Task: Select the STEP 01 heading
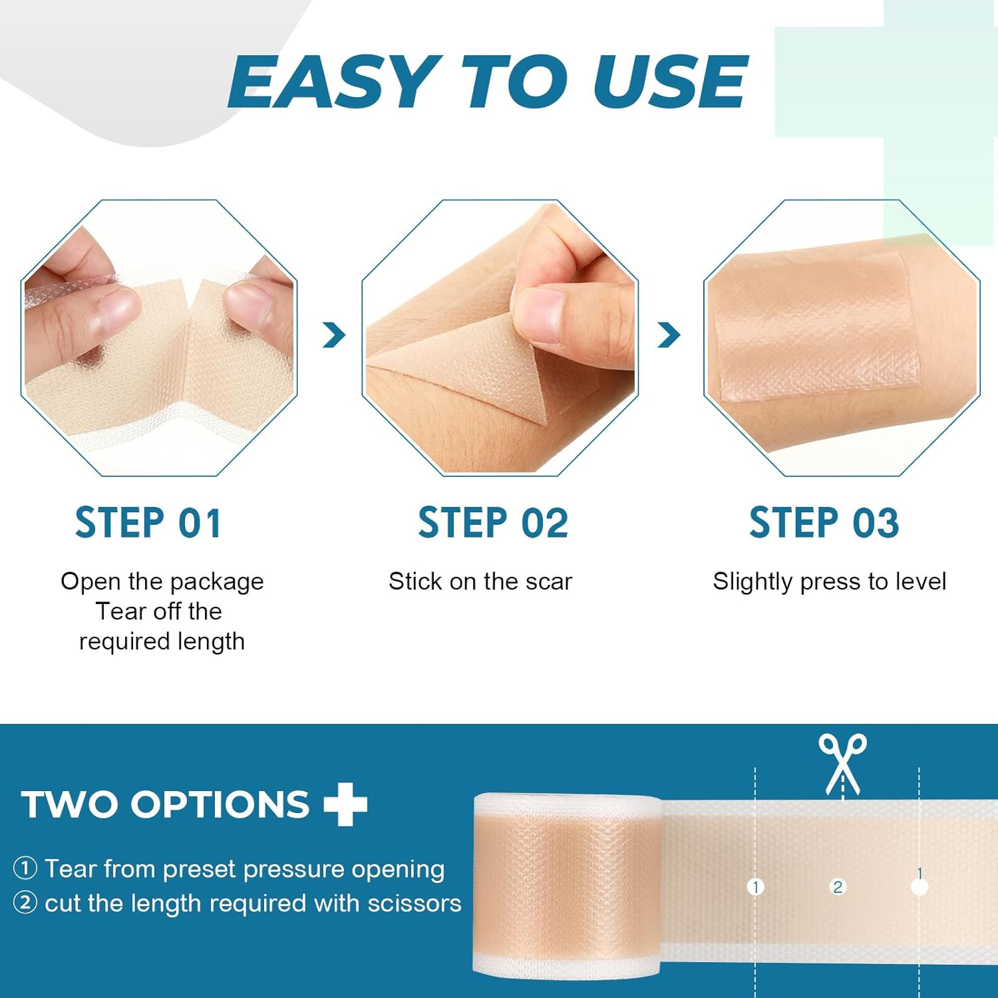[x=148, y=523]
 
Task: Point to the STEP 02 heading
[x=493, y=523]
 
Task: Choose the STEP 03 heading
[x=824, y=523]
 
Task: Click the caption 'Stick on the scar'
[x=480, y=582]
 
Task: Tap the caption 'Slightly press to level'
[x=829, y=582]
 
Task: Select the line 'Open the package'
[x=162, y=582]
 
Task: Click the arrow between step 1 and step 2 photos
[x=333, y=335]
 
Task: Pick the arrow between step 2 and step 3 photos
[x=669, y=335]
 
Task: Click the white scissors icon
[x=842, y=764]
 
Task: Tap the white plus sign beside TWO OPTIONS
[x=345, y=804]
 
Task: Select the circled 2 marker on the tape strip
[x=838, y=886]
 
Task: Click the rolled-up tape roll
[x=566, y=885]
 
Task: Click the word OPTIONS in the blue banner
[x=220, y=804]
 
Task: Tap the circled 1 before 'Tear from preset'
[x=25, y=868]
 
